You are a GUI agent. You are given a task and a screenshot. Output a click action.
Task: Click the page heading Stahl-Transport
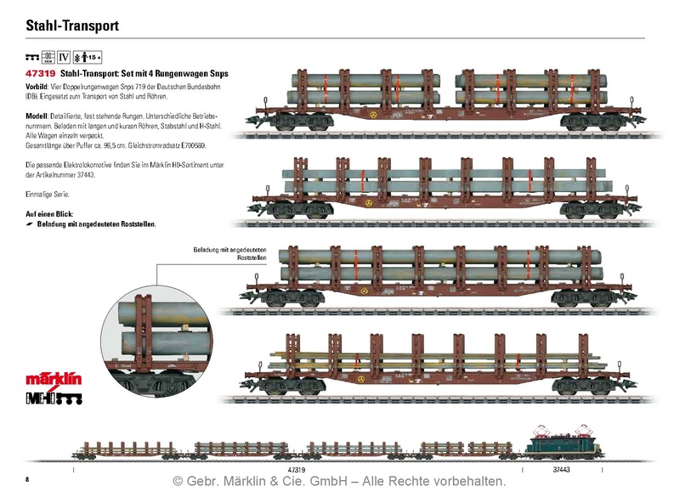pyautogui.click(x=71, y=26)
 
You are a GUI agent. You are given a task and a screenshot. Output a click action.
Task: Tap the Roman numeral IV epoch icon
pyautogui.click(x=63, y=58)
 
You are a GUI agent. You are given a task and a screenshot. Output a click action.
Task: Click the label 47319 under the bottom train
pyautogui.click(x=296, y=468)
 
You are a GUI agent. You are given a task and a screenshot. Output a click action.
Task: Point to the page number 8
pyautogui.click(x=27, y=479)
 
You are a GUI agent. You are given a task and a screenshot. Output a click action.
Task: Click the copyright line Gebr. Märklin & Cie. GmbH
pyautogui.click(x=339, y=481)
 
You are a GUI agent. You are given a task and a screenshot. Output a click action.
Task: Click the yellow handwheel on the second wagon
pyautogui.click(x=368, y=203)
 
